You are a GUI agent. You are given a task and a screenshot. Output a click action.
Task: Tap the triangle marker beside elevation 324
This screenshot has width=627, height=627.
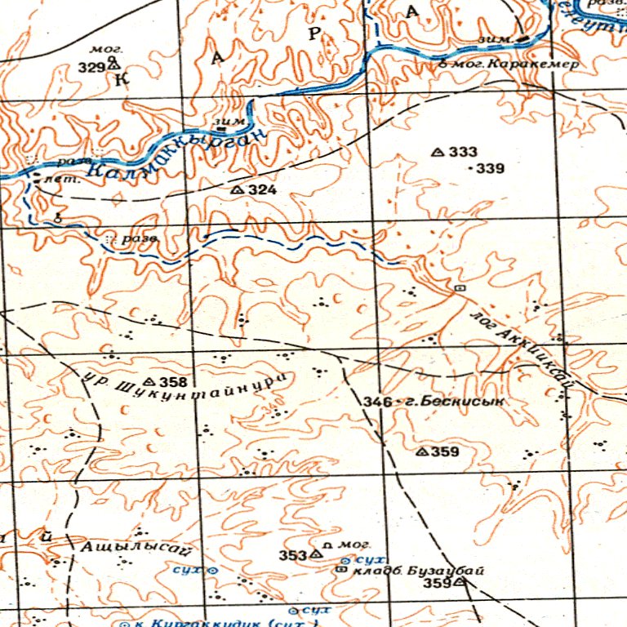click(x=237, y=189)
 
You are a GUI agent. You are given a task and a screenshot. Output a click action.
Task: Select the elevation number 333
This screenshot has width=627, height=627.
click(x=463, y=152)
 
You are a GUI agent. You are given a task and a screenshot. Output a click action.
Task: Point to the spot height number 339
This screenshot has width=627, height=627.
click(x=491, y=169)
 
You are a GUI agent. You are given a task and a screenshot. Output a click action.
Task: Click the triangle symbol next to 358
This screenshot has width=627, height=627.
click(x=149, y=382)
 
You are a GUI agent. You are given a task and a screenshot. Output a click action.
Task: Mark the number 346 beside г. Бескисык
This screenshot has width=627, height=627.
click(x=375, y=402)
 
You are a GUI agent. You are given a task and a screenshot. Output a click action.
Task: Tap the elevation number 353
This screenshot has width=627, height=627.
click(x=291, y=555)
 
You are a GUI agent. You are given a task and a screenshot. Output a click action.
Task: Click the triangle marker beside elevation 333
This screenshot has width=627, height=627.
click(x=437, y=152)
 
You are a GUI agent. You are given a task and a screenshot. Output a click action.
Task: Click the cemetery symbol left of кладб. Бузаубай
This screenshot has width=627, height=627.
click(x=341, y=570)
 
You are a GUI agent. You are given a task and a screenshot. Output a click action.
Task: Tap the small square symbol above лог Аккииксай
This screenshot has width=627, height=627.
click(x=459, y=288)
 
